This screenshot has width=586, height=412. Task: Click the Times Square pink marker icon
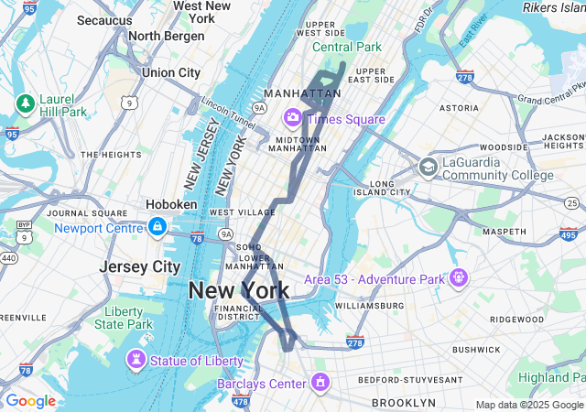293,117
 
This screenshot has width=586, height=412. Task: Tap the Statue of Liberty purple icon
136,360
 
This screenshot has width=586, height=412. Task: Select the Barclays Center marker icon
320,382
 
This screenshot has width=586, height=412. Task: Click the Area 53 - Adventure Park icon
458,276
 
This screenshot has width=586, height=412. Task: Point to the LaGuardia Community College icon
428,167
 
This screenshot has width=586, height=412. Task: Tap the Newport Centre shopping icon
157,226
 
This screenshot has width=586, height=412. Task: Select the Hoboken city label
171,204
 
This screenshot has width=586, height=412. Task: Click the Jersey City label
140,266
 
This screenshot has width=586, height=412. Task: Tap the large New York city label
238,291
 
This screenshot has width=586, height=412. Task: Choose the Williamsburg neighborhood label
370,305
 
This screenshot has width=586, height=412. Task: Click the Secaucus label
105,19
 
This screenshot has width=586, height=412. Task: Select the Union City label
171,72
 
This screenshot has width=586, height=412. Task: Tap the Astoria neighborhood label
459,107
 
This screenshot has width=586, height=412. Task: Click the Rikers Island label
553,7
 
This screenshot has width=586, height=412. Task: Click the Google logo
30,401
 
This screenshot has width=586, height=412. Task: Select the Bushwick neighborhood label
476,349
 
